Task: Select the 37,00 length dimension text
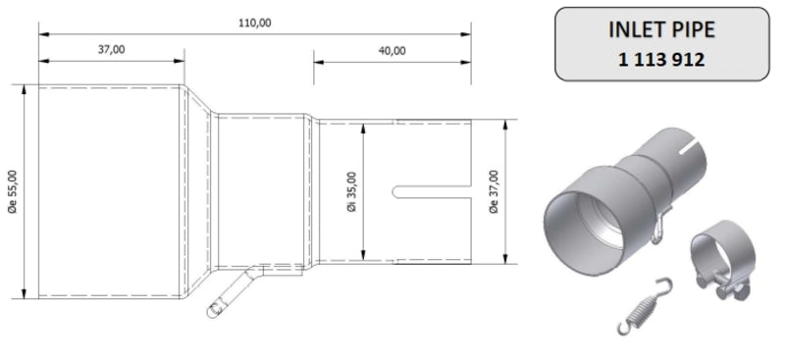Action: pos(110,49)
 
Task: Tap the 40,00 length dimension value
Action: pos(392,50)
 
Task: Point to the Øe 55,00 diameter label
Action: pos(12,191)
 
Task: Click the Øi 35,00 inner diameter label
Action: pos(351,191)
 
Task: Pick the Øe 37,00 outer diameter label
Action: pos(493,191)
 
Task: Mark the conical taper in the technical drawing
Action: pos(200,191)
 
